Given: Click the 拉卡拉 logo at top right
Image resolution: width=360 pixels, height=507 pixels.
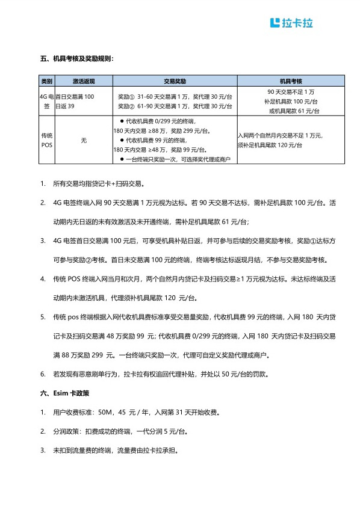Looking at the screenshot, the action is [292, 23].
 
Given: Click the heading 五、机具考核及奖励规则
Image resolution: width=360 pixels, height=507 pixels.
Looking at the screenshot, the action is [76, 59].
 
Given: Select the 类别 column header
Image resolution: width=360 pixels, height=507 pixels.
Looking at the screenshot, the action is [47, 81].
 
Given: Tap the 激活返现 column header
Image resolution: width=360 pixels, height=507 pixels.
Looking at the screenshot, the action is [84, 81].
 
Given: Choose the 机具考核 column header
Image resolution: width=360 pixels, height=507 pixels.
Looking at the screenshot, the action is [291, 81].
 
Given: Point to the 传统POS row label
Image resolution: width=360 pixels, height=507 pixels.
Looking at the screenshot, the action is [47, 140].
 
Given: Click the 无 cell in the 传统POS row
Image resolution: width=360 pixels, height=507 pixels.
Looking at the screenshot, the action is [84, 140].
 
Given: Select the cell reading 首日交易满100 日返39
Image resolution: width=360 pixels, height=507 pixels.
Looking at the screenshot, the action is [75, 101].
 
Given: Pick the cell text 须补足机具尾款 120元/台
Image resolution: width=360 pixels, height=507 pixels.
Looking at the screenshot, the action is [270, 146].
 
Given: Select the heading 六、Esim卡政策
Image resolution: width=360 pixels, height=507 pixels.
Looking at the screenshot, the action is [64, 393].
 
